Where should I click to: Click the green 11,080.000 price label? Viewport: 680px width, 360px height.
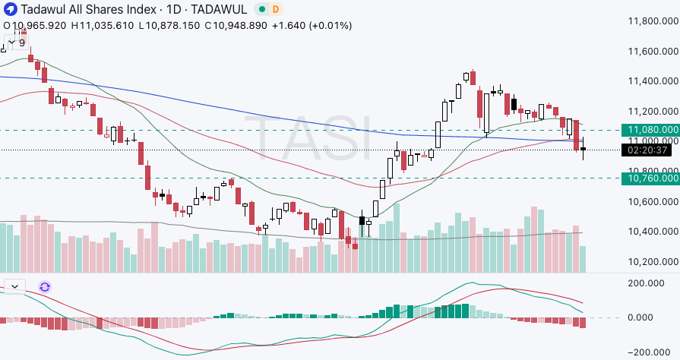(650, 129)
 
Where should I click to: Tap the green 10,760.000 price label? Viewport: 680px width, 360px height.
(650, 178)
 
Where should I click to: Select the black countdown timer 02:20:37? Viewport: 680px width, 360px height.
(650, 150)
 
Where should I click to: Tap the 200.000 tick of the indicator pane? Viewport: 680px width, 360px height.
(652, 283)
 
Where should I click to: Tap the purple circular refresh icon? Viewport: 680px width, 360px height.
(45, 286)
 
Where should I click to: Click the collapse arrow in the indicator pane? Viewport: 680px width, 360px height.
(14, 286)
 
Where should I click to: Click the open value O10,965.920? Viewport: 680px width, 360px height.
(36, 25)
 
